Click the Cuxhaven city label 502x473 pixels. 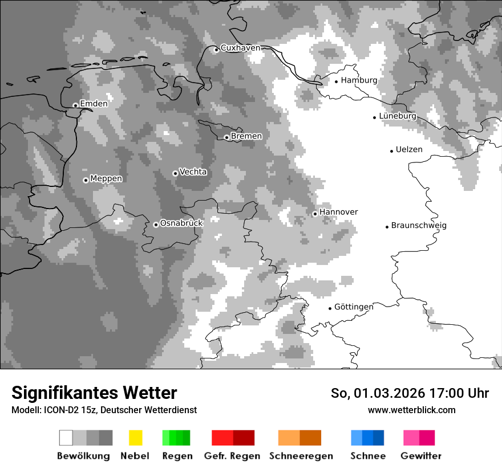click(x=240, y=48)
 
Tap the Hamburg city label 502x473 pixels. click(x=359, y=80)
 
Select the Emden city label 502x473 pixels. click(x=94, y=104)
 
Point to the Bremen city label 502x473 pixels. click(x=246, y=136)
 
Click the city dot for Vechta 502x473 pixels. click(x=175, y=173)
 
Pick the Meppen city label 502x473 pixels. click(x=106, y=179)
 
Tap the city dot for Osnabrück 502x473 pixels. click(x=156, y=225)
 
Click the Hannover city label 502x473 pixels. click(x=339, y=212)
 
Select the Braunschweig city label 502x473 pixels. click(x=419, y=226)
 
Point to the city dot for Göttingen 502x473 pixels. click(x=330, y=308)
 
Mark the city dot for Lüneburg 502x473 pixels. click(x=375, y=117)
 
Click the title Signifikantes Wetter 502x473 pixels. click(x=94, y=393)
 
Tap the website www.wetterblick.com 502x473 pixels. click(x=411, y=410)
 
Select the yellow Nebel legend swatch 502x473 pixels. click(x=135, y=438)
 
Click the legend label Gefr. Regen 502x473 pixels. click(x=232, y=456)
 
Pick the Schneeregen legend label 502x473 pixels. click(x=301, y=456)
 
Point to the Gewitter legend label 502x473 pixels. click(x=421, y=456)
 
